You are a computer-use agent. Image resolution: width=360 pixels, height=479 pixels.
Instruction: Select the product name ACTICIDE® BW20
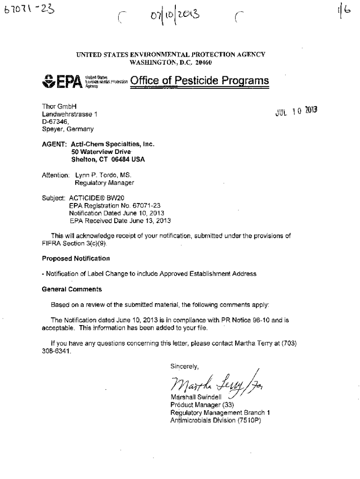(92, 197)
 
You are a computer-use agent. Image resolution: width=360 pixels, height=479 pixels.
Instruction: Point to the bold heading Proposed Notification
(76, 258)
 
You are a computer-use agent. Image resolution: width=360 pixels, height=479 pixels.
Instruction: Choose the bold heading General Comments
(72, 289)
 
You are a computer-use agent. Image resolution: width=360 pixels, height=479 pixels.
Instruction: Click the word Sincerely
(184, 367)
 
